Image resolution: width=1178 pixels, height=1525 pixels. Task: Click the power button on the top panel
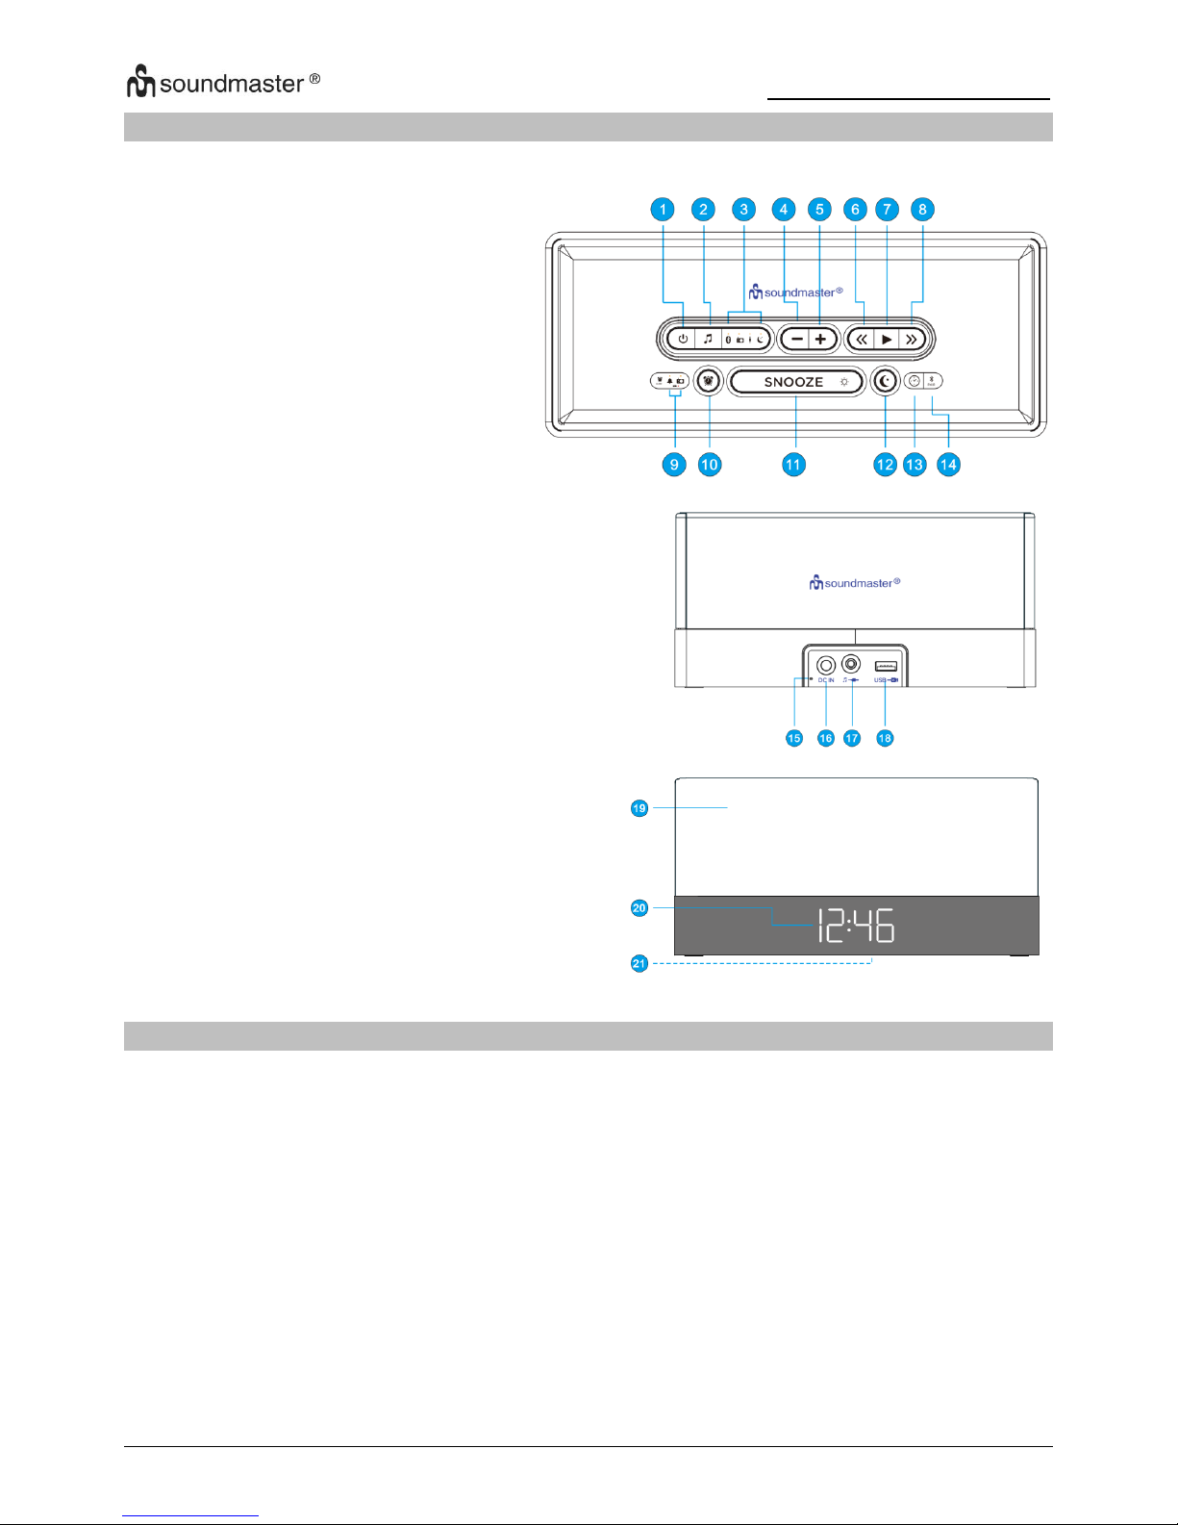(683, 339)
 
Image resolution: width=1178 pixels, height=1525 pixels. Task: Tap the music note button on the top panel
(708, 339)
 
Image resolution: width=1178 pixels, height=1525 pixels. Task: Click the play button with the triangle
(887, 339)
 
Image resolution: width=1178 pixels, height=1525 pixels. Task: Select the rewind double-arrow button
(862, 339)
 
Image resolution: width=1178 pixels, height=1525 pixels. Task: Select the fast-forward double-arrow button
(911, 339)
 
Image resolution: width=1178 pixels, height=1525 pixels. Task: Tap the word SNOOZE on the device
(793, 382)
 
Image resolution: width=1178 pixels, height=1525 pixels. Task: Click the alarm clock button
(709, 381)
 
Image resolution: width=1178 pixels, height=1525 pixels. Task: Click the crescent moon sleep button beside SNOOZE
(886, 381)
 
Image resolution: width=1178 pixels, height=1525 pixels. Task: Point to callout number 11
(792, 465)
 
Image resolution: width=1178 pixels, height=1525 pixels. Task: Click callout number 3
(743, 210)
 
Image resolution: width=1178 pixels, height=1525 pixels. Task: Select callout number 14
(948, 465)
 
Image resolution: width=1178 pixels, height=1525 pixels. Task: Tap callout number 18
(885, 738)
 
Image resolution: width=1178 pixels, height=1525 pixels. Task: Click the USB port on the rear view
(886, 666)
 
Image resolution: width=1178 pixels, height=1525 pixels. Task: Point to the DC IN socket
(825, 665)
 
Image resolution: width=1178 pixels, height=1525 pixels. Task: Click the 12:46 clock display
(855, 925)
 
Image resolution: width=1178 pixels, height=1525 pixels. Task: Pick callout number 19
(639, 808)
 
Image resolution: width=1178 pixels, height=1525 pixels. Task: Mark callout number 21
(639, 963)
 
